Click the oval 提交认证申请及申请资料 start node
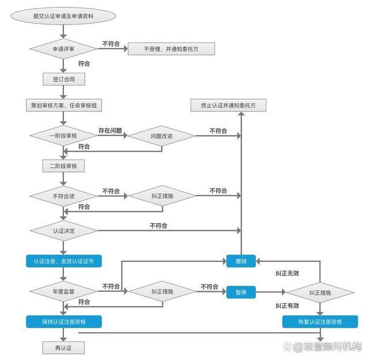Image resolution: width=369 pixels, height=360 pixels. tap(63, 17)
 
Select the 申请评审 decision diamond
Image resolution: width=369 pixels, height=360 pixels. tap(63, 49)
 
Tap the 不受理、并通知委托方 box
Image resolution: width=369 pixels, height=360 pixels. tap(171, 49)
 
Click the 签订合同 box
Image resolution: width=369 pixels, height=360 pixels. tap(63, 79)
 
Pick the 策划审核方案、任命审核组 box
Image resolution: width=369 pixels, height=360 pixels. tap(63, 106)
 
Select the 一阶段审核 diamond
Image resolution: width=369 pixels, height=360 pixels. tap(63, 136)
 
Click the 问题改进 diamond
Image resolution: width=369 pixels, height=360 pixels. tap(161, 136)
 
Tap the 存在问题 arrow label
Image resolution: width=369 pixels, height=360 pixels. tap(110, 130)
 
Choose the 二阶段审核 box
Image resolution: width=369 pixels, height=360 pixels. tap(63, 166)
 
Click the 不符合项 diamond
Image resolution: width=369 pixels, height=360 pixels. tap(63, 196)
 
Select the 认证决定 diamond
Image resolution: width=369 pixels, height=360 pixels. tap(63, 230)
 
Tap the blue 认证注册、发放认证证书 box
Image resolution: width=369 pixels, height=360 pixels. tap(63, 261)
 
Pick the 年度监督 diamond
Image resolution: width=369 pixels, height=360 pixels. tap(63, 292)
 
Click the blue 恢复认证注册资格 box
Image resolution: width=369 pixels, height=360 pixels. tap(320, 321)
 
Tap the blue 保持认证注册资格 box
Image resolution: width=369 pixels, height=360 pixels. tap(63, 321)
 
